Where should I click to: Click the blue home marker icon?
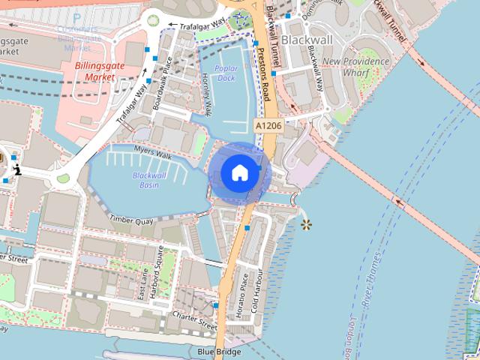click(239, 172)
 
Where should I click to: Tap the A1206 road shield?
click(267, 125)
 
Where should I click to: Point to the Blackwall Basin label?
click(149, 180)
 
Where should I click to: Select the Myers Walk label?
click(154, 151)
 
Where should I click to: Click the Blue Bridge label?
click(220, 352)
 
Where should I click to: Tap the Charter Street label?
click(195, 321)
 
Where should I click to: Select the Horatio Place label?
click(241, 293)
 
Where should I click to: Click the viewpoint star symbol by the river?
click(305, 224)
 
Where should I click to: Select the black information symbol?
click(16, 169)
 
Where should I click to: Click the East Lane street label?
click(142, 286)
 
